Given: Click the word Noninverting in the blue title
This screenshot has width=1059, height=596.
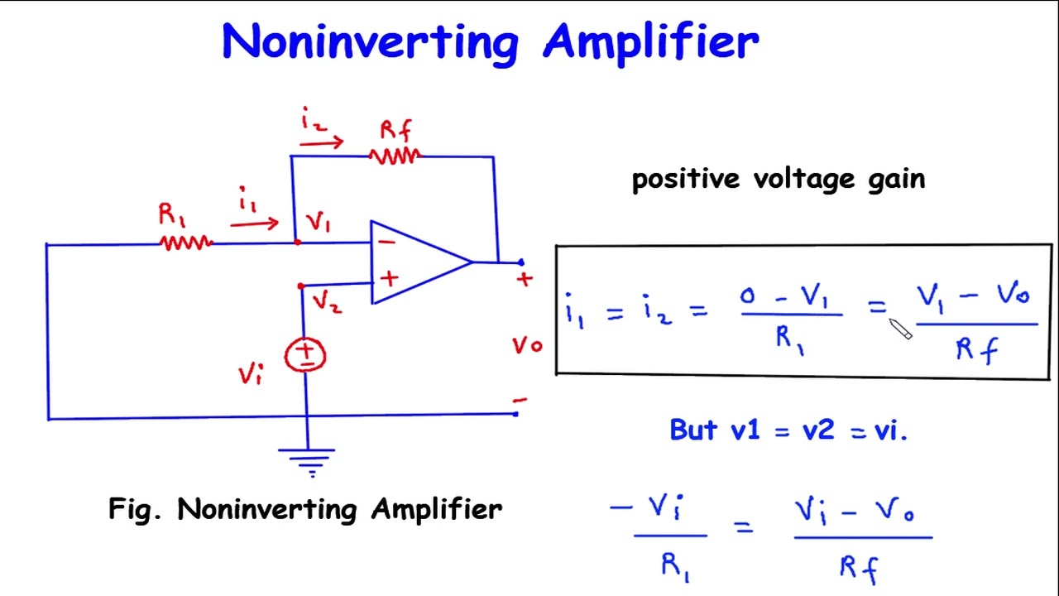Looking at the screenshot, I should (370, 41).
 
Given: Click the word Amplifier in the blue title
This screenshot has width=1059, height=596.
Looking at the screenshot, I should (650, 41).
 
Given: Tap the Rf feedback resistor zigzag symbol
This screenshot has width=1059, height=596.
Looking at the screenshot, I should (395, 156).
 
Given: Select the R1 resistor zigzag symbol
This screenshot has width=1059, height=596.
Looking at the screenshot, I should (185, 243).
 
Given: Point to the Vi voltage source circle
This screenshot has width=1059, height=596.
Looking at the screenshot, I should (306, 355).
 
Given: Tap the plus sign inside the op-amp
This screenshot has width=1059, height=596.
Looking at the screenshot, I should (389, 279).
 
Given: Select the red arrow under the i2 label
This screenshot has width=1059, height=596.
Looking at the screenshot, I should (322, 143).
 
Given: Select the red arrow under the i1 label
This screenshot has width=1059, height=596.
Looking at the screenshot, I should (254, 223).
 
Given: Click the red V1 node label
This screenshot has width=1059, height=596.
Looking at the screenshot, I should (319, 223).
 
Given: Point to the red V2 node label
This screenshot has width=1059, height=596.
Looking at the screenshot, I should (327, 302).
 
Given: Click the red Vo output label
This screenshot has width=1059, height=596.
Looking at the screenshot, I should (526, 345).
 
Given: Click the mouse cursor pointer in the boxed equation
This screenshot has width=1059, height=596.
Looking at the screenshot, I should (900, 329).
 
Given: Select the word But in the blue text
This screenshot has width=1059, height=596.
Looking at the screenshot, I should (693, 430).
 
